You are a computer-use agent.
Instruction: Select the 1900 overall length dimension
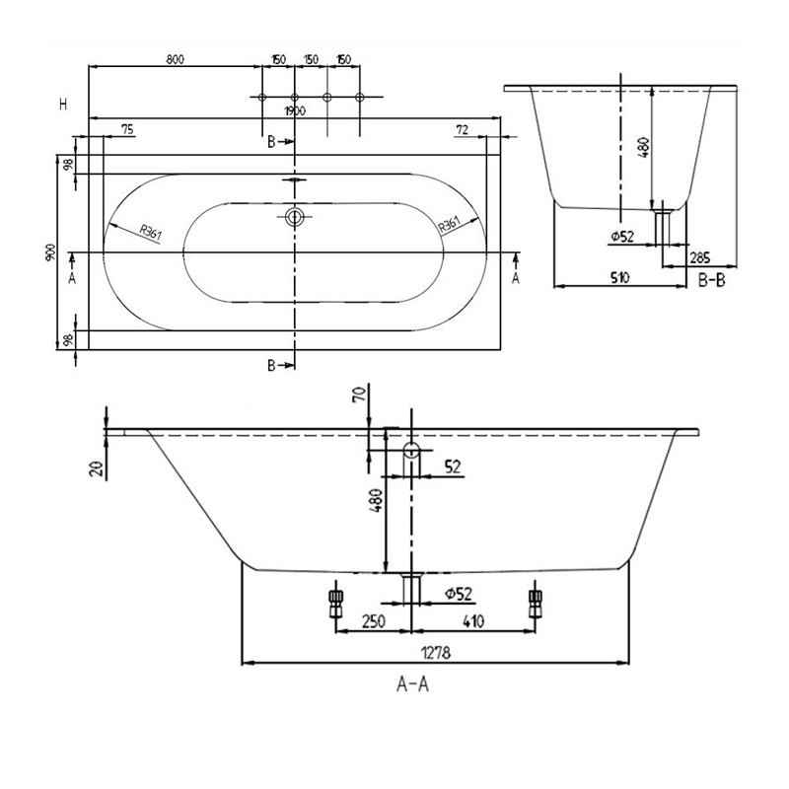point(293,110)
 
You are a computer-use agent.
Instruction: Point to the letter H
point(63,104)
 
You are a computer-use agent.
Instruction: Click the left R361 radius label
point(150,233)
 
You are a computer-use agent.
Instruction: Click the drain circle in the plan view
point(293,217)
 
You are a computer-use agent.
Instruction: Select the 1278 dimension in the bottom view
point(434,652)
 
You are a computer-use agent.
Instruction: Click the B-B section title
point(712,281)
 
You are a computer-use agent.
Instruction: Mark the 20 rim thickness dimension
point(97,467)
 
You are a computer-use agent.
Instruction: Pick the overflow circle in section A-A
point(411,453)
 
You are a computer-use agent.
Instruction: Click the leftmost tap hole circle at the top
point(261,97)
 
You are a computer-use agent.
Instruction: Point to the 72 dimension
point(462,128)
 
